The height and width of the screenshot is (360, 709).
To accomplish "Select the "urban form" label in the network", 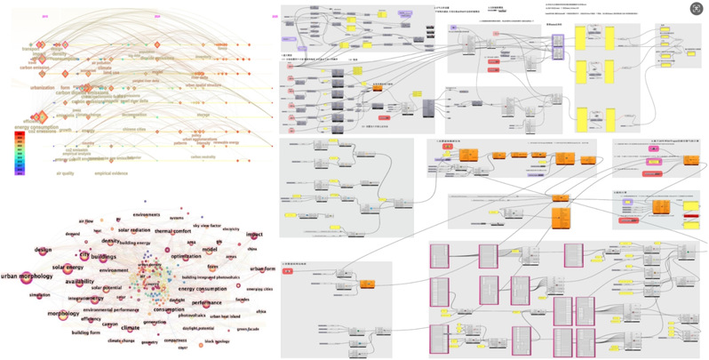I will point(263,269).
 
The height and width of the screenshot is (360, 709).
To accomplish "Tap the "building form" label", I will point(85,332).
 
